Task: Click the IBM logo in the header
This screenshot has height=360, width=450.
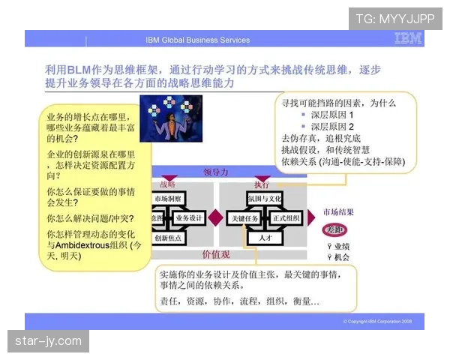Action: point(408,39)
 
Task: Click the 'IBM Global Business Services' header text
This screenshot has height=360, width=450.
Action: point(197,40)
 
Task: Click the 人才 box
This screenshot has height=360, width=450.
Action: point(265,238)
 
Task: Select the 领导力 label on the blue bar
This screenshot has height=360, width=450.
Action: point(216,172)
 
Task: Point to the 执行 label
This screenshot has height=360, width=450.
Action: point(262,184)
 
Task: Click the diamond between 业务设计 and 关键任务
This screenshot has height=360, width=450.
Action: point(216,217)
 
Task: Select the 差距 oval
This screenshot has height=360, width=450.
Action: point(334,229)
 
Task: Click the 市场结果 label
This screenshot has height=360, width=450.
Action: point(338,211)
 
